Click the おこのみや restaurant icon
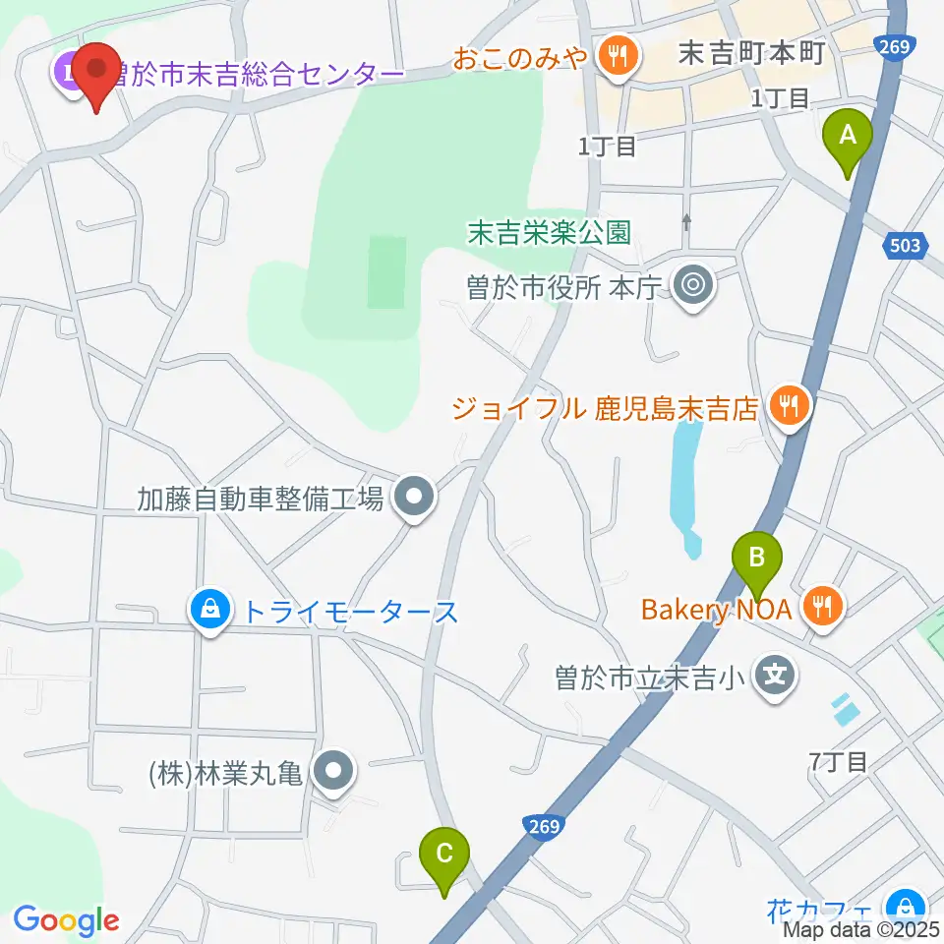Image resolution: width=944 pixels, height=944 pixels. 619,54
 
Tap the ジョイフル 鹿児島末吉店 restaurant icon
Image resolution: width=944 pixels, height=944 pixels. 789,403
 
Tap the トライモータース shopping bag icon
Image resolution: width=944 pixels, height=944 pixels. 210,611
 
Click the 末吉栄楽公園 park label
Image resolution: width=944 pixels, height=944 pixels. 549,232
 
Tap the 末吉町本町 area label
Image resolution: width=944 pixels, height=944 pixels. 750,54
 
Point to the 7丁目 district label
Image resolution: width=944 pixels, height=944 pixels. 838,760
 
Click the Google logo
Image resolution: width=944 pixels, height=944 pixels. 66,920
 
